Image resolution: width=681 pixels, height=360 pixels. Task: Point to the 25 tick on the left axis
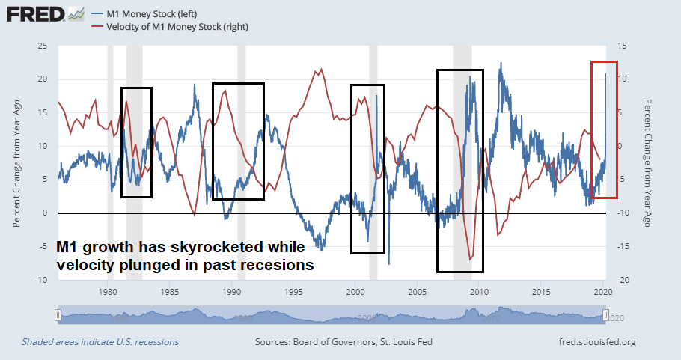pos(42,46)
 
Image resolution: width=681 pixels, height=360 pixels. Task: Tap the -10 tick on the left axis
pos(41,280)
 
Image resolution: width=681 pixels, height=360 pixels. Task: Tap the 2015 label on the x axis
pos(541,292)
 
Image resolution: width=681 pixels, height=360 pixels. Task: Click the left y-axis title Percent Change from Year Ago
pos(16,162)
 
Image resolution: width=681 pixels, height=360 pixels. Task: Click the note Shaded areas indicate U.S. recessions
pos(100,342)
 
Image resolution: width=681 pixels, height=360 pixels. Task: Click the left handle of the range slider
pos(58,315)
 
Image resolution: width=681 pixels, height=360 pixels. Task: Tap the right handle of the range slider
pos(607,315)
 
